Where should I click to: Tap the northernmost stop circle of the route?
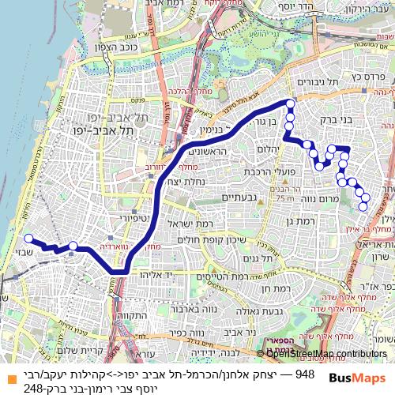tap(290, 103)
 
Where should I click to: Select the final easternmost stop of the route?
tap(363, 207)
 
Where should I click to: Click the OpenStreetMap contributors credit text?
tap(326, 353)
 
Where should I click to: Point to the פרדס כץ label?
tap(368, 77)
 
